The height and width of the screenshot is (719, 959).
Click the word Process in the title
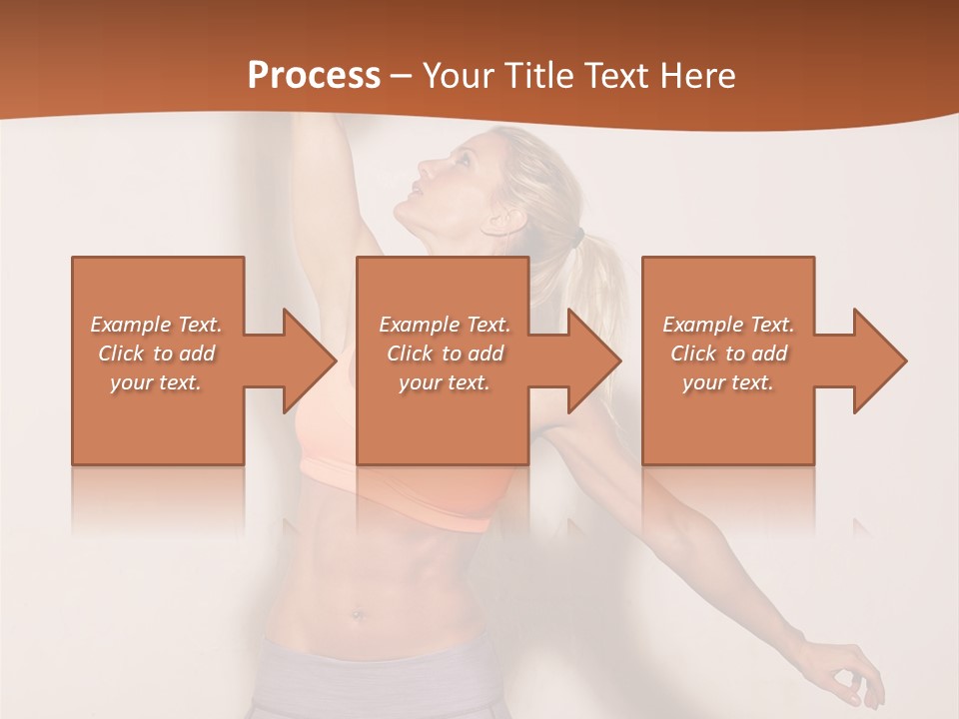[314, 75]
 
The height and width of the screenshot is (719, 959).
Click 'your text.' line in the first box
[156, 382]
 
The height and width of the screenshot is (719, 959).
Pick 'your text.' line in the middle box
[445, 382]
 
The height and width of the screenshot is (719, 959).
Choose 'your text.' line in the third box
[728, 382]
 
